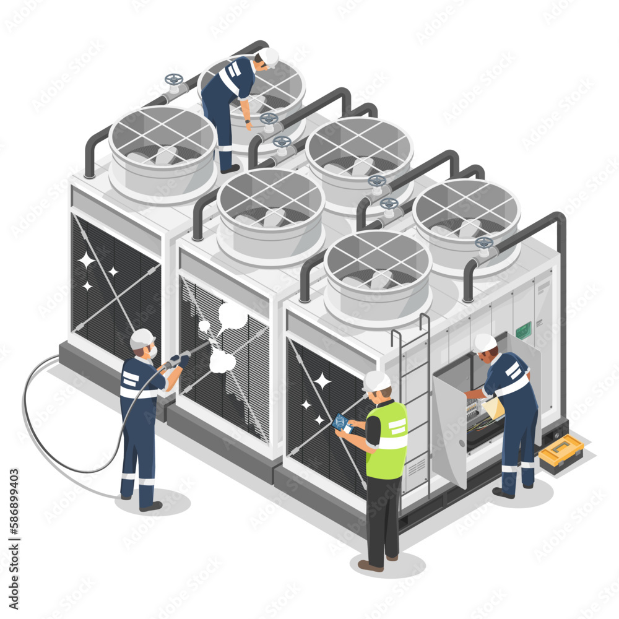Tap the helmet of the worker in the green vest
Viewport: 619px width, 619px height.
376,381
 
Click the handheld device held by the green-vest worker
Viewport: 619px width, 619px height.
342,423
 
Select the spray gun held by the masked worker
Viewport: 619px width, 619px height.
177,360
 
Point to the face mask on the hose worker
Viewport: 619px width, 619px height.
151,352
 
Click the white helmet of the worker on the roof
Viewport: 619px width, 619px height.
269,56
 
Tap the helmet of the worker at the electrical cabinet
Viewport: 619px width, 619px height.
485,342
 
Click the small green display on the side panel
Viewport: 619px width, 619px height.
523,330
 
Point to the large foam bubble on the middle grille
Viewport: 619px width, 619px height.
233,316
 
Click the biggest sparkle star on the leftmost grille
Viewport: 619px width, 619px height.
86,260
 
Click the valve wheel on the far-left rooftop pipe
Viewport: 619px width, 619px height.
174,80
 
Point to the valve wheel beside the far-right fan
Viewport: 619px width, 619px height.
484,243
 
